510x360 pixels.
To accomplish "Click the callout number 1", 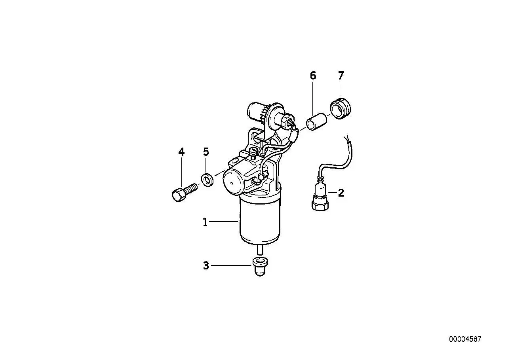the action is click(x=205, y=222).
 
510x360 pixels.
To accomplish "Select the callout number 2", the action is click(x=341, y=193).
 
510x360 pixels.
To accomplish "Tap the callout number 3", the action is click(x=206, y=265).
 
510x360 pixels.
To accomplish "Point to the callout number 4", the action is click(x=181, y=152).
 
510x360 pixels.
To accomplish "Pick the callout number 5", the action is click(x=206, y=152).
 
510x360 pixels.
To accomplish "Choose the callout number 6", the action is click(x=313, y=76).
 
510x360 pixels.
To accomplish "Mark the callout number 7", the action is click(x=341, y=76).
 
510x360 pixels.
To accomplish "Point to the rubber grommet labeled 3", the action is click(x=260, y=267).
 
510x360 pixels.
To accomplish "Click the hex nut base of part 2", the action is click(x=320, y=206).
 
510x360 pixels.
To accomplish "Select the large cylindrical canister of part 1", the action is click(x=260, y=221).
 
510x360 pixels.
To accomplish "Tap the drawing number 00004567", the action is click(x=465, y=339).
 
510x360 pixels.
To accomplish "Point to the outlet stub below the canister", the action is click(x=260, y=250).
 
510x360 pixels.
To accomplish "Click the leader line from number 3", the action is click(x=231, y=265).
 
